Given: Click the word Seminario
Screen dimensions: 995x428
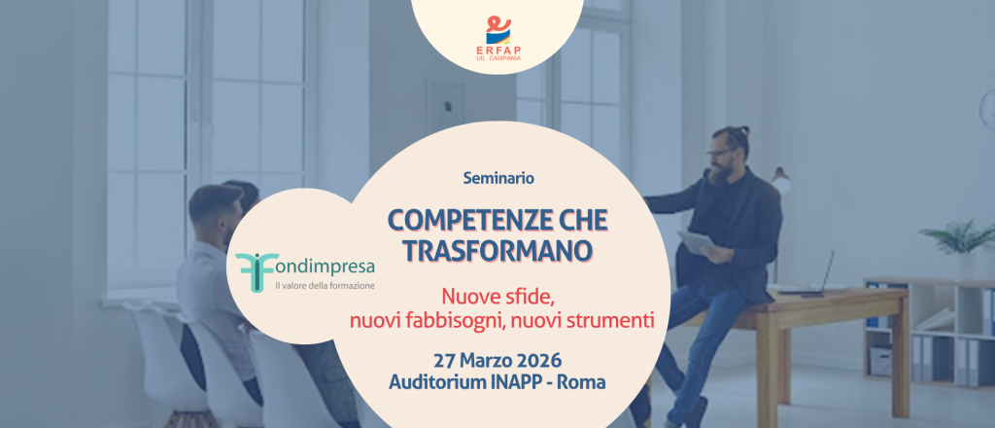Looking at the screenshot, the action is coord(498,178).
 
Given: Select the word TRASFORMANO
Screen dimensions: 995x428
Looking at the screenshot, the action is coord(498,250).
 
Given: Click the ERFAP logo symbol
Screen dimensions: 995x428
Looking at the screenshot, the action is coord(498,29).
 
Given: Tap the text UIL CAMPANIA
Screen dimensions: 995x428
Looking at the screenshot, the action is coord(498,58).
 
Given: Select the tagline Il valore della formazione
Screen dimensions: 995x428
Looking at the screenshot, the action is coord(325,286).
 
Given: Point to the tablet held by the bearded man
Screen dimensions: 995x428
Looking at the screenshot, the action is coord(696,242).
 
